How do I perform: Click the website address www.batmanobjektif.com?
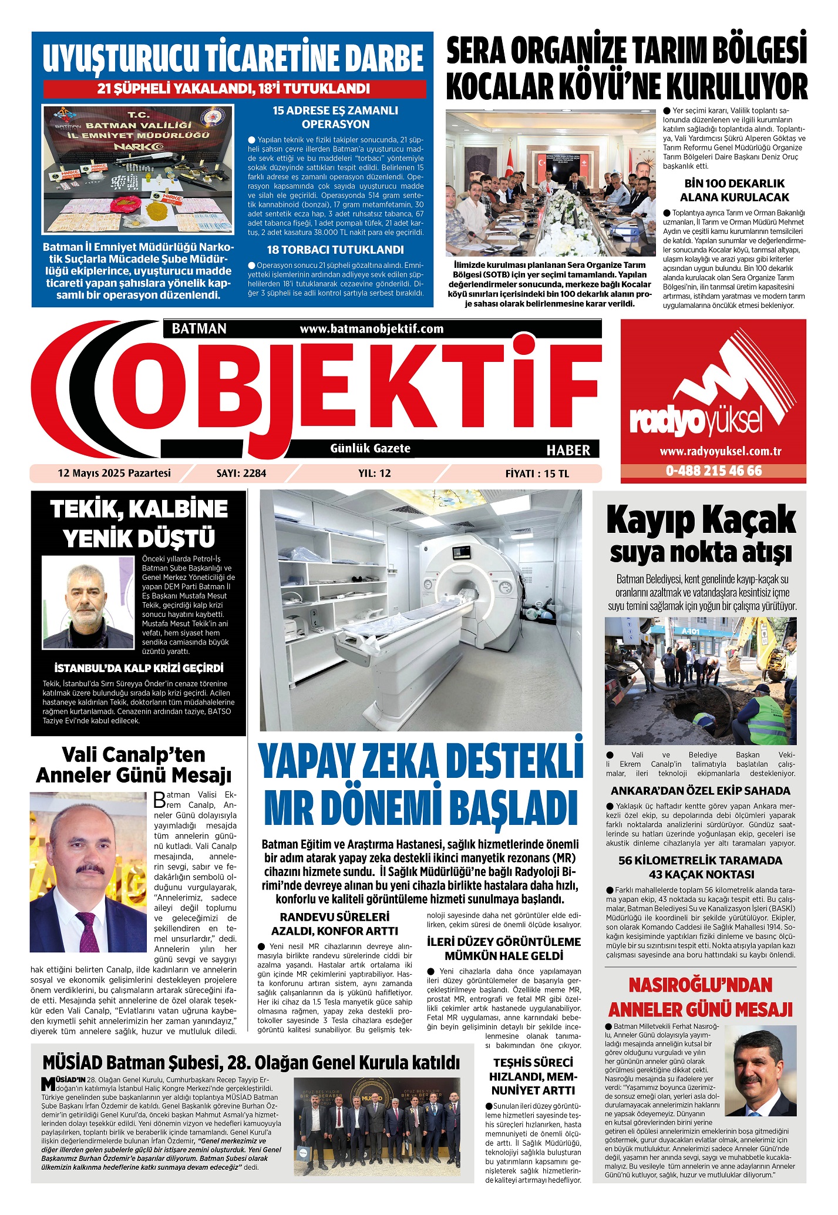pos(371,329)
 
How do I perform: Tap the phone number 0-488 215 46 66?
pos(714,471)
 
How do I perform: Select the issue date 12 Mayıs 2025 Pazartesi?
pos(114,473)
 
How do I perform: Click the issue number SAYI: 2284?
pos(241,474)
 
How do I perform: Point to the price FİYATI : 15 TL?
pos(537,474)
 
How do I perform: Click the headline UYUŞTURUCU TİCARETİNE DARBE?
pos(233,58)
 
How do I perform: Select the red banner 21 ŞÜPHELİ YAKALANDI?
pos(234,89)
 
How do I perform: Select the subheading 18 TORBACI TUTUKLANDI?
pos(335,250)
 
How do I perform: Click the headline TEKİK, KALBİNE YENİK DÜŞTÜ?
pos(139,523)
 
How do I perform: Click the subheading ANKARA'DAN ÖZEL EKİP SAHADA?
pos(701,791)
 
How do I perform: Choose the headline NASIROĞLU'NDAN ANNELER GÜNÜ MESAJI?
pos(701,997)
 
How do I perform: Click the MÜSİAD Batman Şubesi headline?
pos(251,1062)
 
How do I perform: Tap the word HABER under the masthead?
pos(568,451)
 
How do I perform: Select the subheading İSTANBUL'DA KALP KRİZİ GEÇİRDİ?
pos(139,668)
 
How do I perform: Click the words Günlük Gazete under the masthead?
pos(370,448)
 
